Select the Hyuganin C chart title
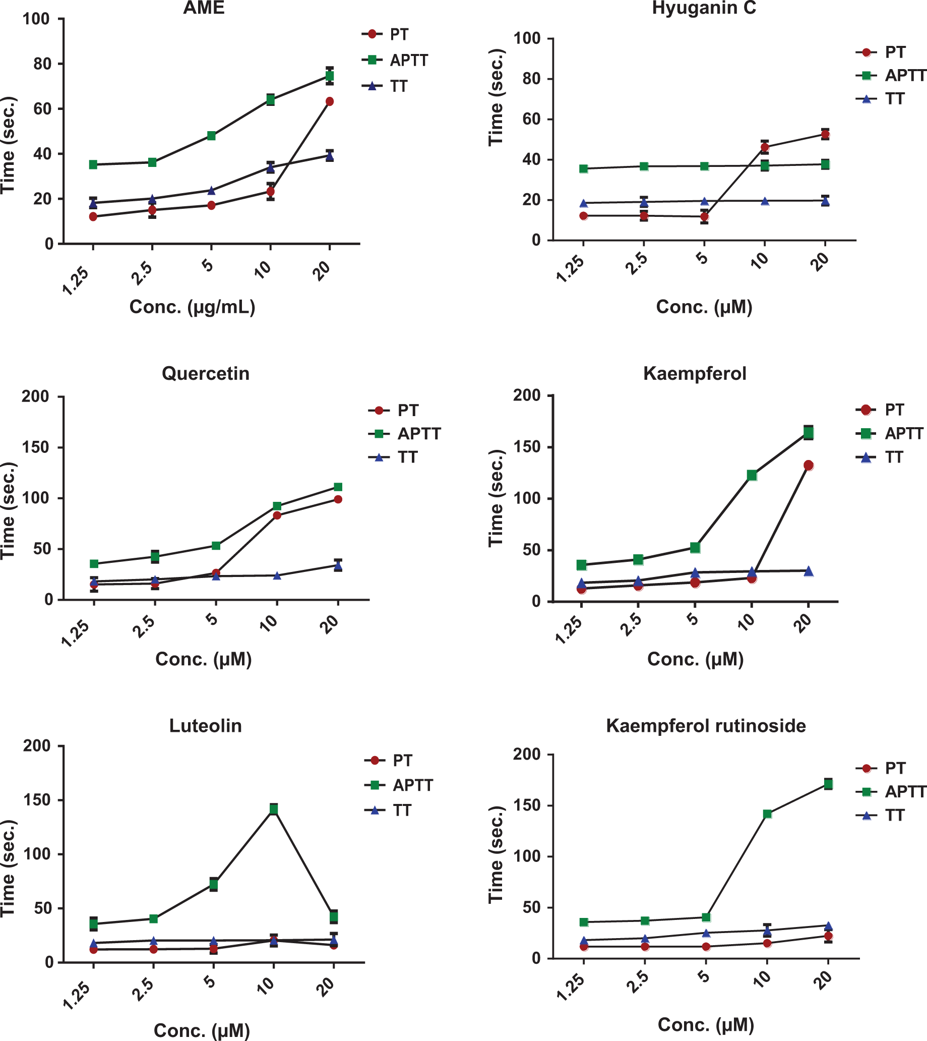[704, 8]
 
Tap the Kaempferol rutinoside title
[706, 726]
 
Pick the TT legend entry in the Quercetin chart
[393, 457]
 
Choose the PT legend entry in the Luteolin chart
[388, 761]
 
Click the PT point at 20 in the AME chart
[330, 101]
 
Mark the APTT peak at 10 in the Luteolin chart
[274, 808]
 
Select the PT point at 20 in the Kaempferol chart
[809, 465]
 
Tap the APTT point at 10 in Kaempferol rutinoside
[767, 814]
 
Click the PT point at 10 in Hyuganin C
[765, 148]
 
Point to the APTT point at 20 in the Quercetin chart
[338, 487]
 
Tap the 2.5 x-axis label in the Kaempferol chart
[631, 625]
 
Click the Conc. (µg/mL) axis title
[193, 307]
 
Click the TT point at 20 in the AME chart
[330, 155]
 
